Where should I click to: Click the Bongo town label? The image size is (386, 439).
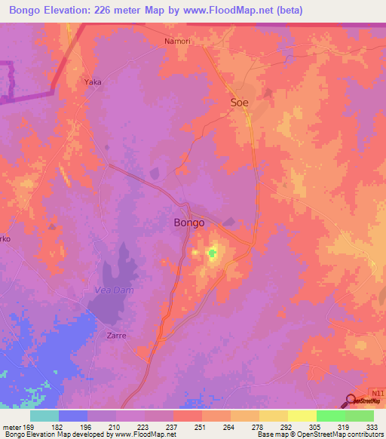click(188, 223)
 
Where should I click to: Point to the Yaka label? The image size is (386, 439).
click(93, 81)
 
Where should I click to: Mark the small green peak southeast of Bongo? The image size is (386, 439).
click(212, 254)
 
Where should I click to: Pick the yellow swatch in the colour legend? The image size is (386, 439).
click(302, 416)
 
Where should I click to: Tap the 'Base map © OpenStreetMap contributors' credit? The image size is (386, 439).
click(320, 434)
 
